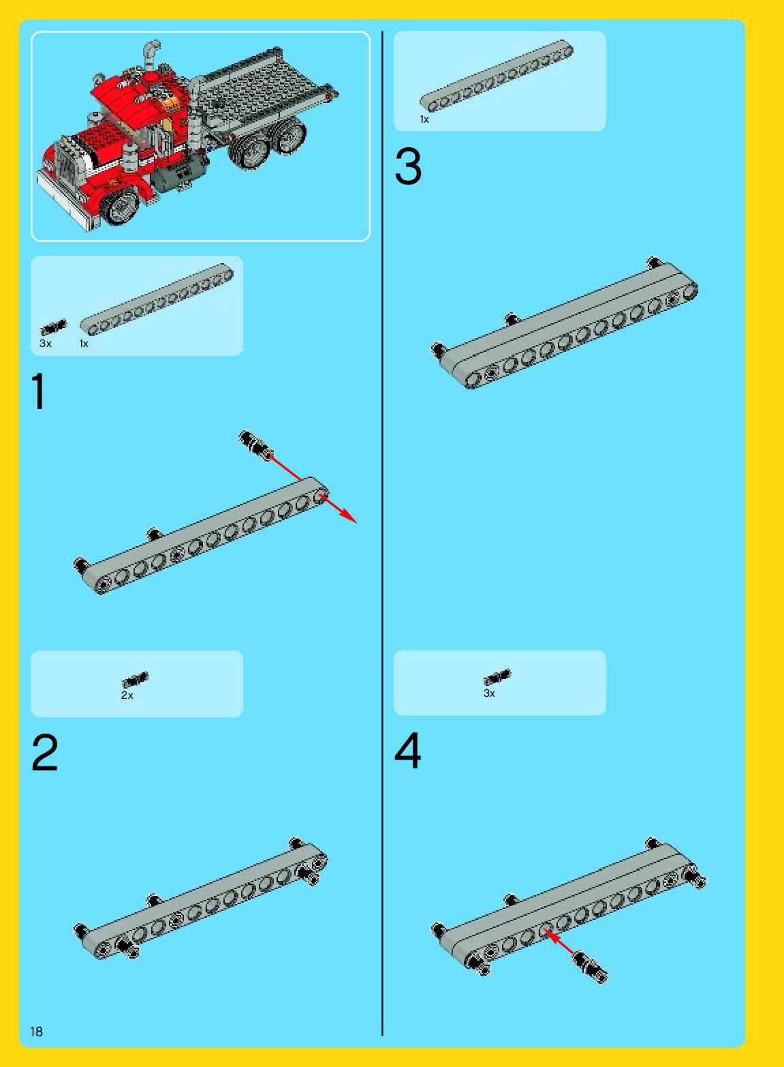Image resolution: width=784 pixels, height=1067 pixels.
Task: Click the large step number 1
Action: (x=40, y=391)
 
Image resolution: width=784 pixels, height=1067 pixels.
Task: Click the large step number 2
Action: (x=44, y=751)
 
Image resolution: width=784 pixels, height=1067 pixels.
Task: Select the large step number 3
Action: (x=408, y=166)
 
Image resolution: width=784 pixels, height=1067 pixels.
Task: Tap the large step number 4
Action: (x=407, y=751)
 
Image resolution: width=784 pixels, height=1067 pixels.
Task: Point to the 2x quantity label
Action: (x=127, y=695)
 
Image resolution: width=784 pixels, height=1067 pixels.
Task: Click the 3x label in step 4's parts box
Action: (x=489, y=693)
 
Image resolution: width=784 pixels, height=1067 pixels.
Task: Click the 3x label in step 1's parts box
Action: (x=46, y=344)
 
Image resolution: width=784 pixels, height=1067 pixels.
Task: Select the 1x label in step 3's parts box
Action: (x=424, y=119)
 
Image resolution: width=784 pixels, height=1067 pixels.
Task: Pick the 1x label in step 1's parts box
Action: (x=84, y=344)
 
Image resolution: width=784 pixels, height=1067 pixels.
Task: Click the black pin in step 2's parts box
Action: (x=135, y=679)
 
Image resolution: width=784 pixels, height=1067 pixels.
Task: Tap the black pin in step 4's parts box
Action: (x=497, y=677)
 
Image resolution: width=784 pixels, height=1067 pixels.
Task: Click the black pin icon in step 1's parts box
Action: (x=53, y=327)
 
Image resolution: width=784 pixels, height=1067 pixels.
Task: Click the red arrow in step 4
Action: (x=561, y=942)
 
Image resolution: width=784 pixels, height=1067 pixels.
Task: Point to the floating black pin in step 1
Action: (x=255, y=445)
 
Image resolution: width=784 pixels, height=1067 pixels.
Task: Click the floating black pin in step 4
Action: (x=591, y=967)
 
